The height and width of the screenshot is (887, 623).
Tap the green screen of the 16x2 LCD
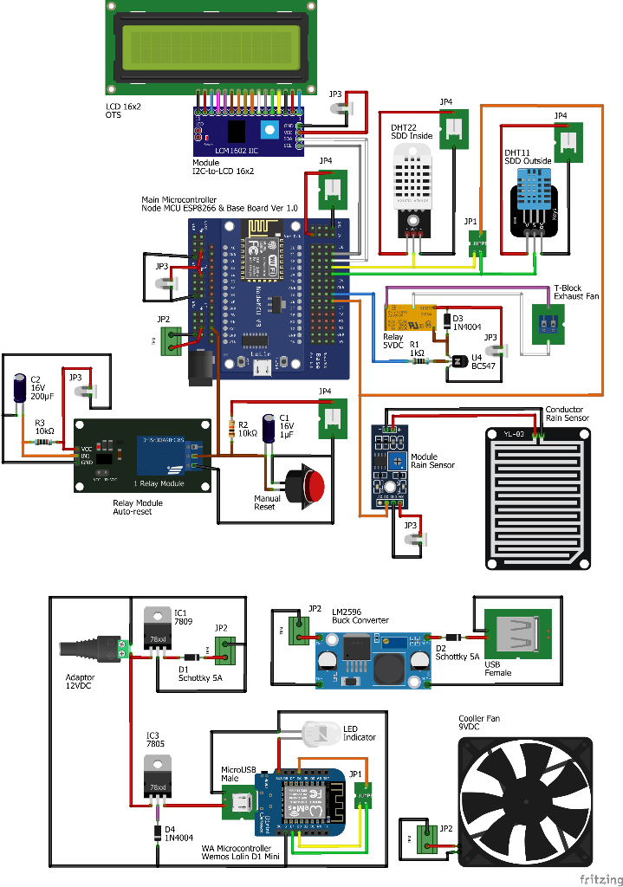click(212, 47)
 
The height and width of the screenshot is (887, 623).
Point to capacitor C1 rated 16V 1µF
click(272, 431)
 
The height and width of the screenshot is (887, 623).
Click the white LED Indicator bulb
click(318, 735)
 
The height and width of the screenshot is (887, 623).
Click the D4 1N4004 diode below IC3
click(157, 832)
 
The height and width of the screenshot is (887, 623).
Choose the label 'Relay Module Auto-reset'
click(138, 507)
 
